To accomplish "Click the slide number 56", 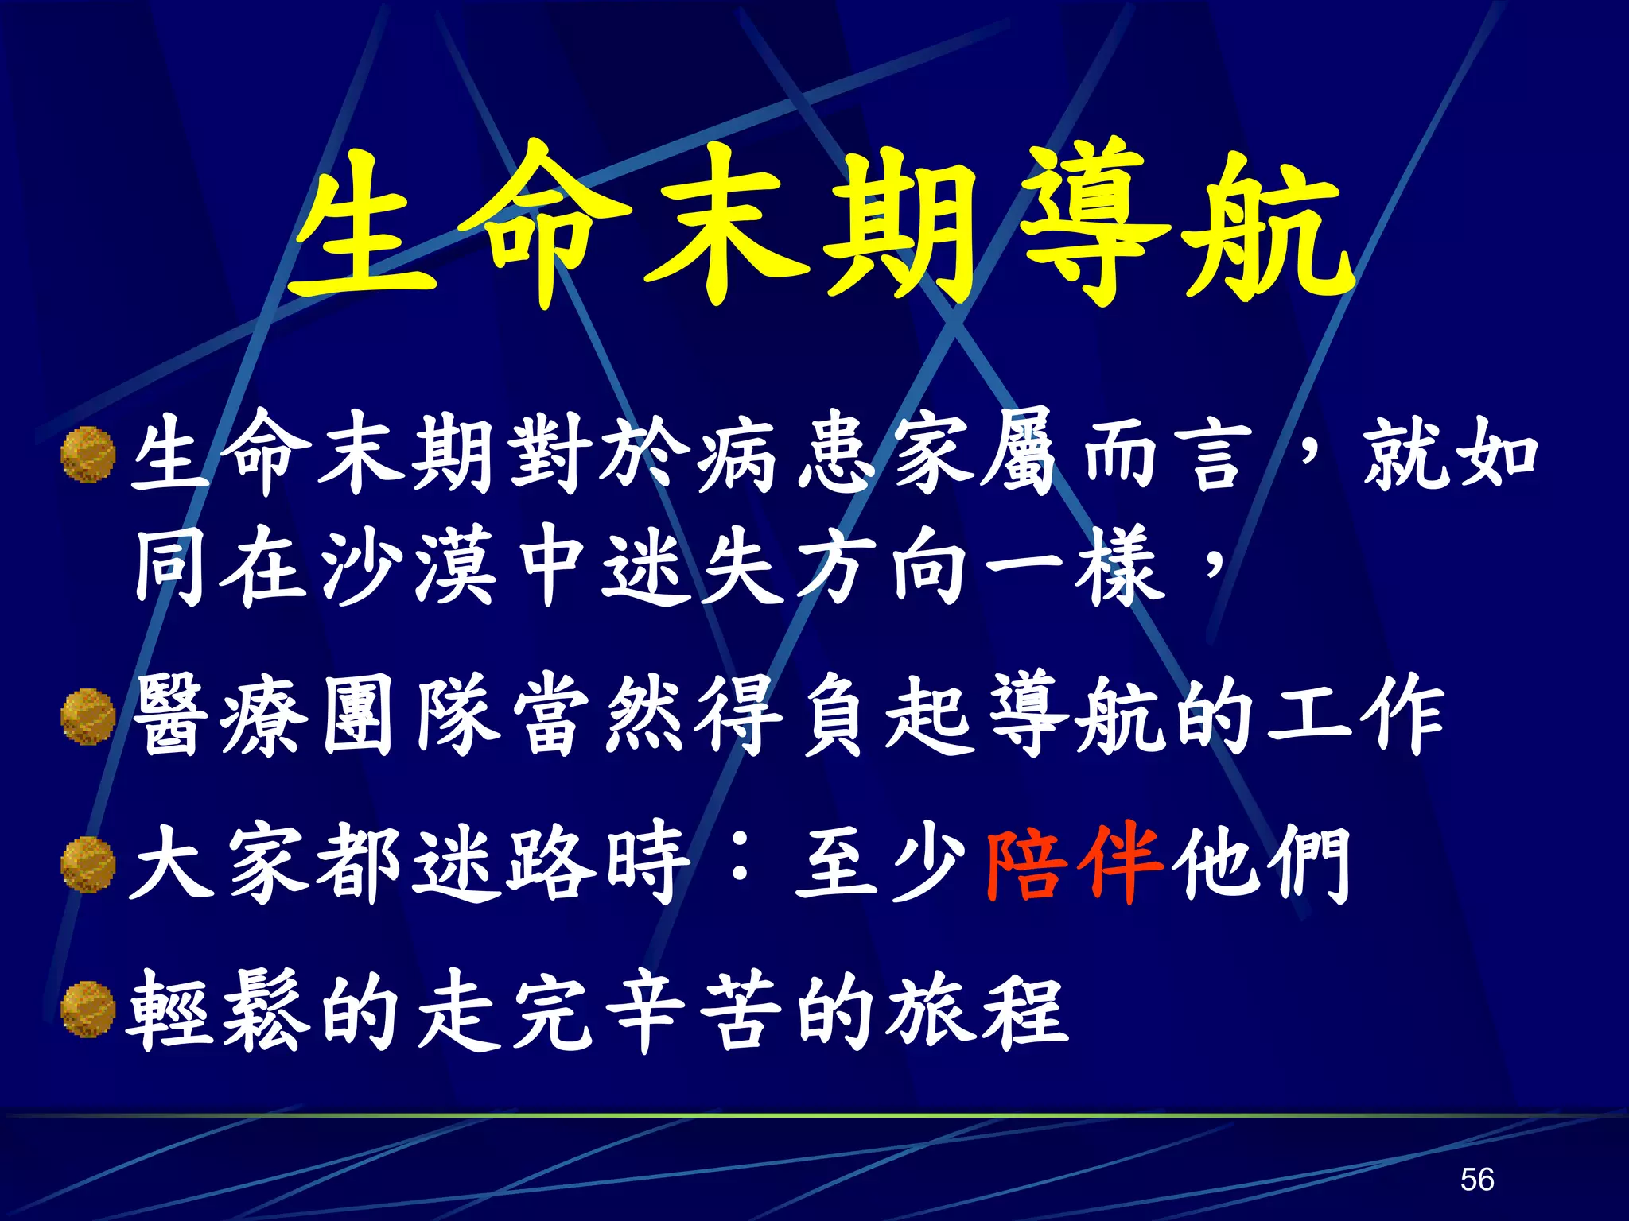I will (x=1477, y=1179).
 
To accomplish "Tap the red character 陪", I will (x=1027, y=863).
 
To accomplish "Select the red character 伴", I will (x=1122, y=863).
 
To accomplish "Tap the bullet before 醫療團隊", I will (x=88, y=717).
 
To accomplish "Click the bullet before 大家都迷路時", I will (x=88, y=865).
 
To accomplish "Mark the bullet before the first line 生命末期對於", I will (x=88, y=455).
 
